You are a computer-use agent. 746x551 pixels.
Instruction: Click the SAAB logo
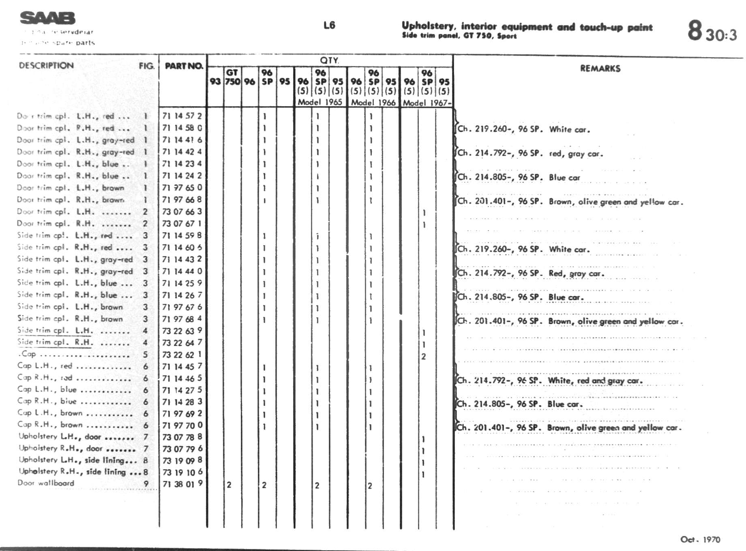click(47, 18)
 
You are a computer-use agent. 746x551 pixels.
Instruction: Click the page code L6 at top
click(329, 25)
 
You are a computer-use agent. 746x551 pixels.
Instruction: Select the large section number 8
click(695, 30)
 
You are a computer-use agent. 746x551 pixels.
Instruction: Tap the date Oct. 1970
click(700, 539)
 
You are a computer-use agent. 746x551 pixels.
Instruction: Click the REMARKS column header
click(600, 68)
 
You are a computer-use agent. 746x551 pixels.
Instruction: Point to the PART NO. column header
click(184, 66)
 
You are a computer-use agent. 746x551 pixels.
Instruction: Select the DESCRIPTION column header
click(46, 66)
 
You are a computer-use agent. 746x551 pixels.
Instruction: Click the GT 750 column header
click(232, 77)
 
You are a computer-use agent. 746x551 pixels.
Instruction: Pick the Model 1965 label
click(320, 102)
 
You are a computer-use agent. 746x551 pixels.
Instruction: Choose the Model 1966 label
click(373, 103)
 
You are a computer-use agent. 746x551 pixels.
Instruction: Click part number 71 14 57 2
click(182, 116)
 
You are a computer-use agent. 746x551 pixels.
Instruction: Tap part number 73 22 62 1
click(182, 355)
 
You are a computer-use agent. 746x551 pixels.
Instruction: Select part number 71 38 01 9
click(182, 484)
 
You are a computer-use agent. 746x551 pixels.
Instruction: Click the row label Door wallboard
click(46, 483)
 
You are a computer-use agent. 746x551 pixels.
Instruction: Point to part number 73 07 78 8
click(182, 437)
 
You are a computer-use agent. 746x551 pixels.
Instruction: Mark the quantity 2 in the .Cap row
click(424, 357)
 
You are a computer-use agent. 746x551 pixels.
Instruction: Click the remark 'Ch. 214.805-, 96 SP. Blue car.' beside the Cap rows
click(520, 404)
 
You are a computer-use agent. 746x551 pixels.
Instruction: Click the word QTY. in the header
click(329, 60)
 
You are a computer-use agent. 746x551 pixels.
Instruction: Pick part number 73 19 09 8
click(182, 461)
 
